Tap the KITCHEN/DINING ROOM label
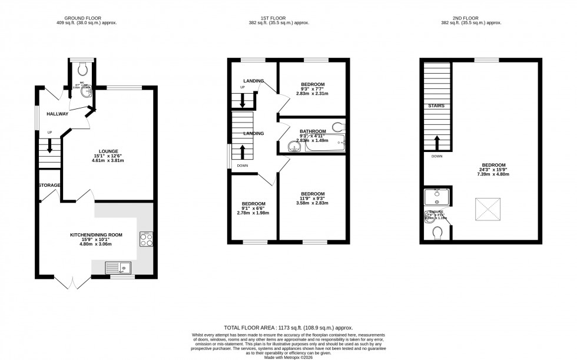(x=97, y=235)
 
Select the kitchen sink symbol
(x=120, y=268)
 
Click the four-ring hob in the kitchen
(x=145, y=239)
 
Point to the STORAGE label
(x=50, y=186)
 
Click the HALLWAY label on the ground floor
(x=58, y=114)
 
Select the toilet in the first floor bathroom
(x=338, y=125)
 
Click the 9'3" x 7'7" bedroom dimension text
(x=312, y=89)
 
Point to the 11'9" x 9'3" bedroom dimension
(x=312, y=199)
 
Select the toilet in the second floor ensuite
(x=438, y=234)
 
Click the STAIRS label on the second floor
(x=436, y=106)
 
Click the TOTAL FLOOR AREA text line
(x=288, y=327)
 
